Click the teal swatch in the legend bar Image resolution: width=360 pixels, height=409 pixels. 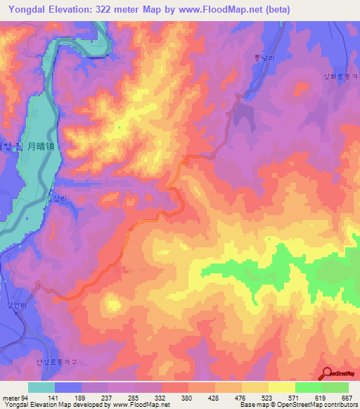click(41, 387)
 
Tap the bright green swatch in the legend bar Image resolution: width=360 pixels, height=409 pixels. click(308, 387)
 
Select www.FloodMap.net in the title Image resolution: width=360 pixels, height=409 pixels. click(219, 10)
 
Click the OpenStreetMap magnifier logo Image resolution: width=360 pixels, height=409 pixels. click(327, 373)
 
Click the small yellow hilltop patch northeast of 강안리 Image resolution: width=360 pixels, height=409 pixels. click(111, 304)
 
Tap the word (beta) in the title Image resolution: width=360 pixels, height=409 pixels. click(274, 10)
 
